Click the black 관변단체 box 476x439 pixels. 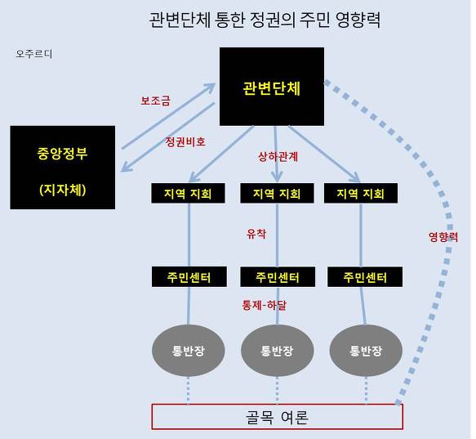tap(272, 87)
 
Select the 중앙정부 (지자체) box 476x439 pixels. tap(63, 168)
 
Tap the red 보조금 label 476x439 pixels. tap(155, 101)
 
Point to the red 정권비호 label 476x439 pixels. tap(185, 141)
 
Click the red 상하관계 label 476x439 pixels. tap(278, 157)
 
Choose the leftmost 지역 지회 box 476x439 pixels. tap(189, 193)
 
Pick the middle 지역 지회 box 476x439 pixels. tap(277, 193)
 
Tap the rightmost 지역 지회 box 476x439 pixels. tap(361, 193)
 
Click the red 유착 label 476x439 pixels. tap(256, 234)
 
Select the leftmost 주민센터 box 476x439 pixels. tap(189, 276)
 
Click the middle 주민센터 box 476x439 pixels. tap(278, 276)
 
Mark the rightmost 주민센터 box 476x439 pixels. tap(365, 276)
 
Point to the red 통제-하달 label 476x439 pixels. tap(264, 305)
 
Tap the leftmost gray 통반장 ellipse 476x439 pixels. tap(189, 351)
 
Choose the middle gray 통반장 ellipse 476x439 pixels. tap(277, 351)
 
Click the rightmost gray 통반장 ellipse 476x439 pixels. tap(366, 351)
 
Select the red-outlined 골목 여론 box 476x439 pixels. tap(277, 417)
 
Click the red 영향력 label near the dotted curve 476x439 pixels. tap(443, 237)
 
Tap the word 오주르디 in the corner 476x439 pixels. tap(34, 54)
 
